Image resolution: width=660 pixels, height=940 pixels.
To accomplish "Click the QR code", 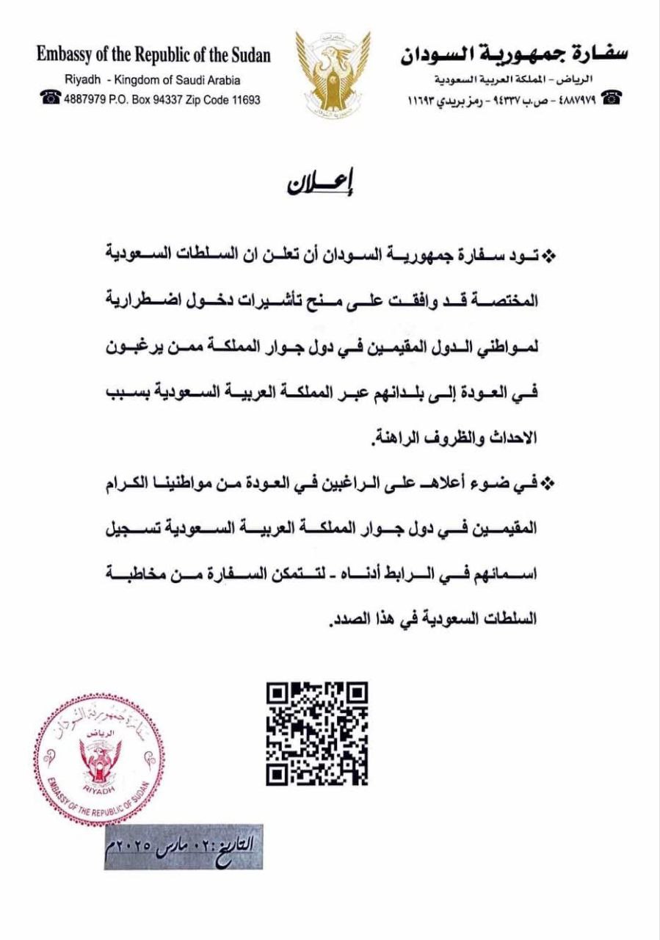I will pos(317,734).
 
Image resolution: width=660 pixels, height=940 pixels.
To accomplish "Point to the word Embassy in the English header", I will pos(65,55).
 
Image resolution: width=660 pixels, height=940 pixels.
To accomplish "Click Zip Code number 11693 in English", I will pos(244,100).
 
